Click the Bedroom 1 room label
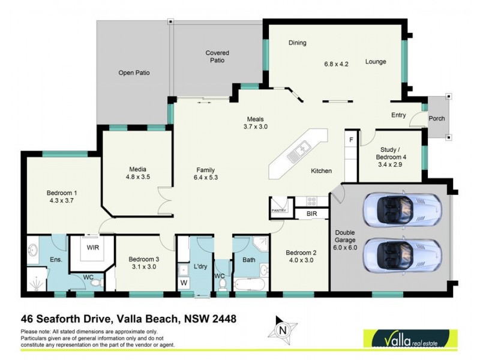[x=62, y=193]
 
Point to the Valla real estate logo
[x=410, y=340]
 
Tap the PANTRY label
[x=278, y=211]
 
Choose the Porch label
[x=437, y=118]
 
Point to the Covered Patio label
[x=217, y=56]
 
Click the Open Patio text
[x=133, y=73]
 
